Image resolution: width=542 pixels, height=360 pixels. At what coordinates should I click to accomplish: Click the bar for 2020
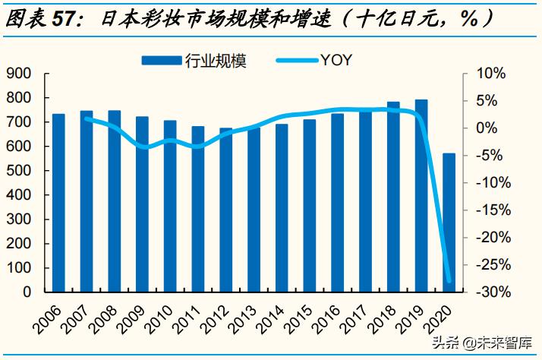tap(449, 223)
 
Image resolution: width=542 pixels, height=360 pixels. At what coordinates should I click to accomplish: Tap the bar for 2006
tap(58, 203)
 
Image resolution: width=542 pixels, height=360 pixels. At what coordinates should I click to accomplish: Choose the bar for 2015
tap(310, 205)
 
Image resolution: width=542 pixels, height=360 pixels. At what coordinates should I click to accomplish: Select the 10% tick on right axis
tap(490, 74)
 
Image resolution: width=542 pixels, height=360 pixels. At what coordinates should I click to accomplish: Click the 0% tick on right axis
tap(493, 128)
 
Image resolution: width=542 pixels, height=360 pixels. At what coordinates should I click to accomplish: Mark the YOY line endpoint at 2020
tap(449, 281)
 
